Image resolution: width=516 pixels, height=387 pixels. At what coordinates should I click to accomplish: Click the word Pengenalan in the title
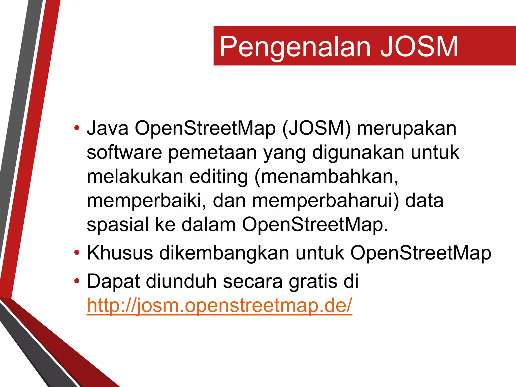295,47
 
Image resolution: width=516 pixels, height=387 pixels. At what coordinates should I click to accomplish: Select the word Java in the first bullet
108,128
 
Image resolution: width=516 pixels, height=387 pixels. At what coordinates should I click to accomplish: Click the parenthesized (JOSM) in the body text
316,128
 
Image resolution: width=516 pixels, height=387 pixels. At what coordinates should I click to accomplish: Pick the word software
124,152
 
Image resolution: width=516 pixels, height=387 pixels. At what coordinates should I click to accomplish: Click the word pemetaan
212,153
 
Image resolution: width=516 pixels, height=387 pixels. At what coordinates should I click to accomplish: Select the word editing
218,177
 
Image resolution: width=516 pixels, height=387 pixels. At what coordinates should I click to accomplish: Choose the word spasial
118,225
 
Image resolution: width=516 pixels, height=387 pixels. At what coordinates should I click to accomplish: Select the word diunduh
181,281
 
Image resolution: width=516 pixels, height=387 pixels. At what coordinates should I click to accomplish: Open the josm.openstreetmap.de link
219,305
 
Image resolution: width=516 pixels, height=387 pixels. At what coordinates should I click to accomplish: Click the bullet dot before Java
77,128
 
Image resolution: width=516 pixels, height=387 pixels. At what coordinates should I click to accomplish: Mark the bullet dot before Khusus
77,252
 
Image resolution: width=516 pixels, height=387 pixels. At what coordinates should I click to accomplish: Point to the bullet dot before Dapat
77,281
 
